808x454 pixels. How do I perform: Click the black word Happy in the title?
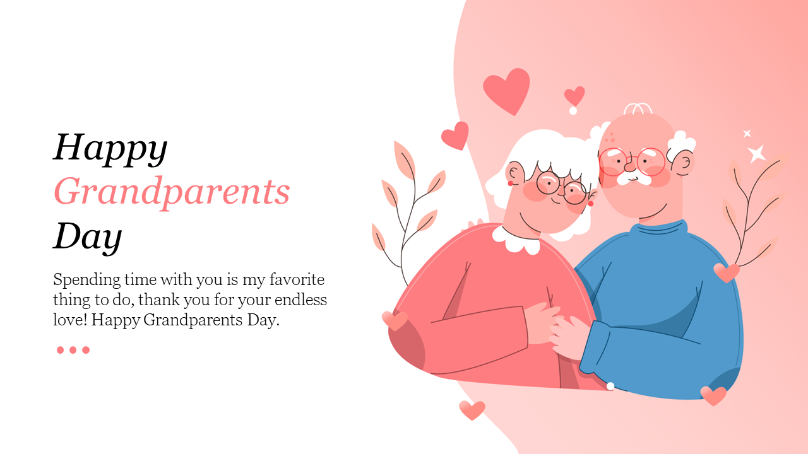tap(110, 149)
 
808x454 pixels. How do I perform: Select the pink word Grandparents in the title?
tap(172, 192)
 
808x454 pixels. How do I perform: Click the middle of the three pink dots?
tap(73, 350)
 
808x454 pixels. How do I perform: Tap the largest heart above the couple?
tap(506, 90)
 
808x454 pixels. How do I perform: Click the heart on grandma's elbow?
tap(395, 320)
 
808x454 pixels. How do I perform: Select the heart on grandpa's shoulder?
tap(727, 272)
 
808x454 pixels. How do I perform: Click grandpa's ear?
tap(684, 163)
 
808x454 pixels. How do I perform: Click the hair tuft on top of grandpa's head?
tap(638, 108)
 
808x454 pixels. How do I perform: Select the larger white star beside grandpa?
tap(756, 154)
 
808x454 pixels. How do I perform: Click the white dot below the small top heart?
tap(573, 111)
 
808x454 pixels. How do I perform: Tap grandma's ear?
tap(514, 173)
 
